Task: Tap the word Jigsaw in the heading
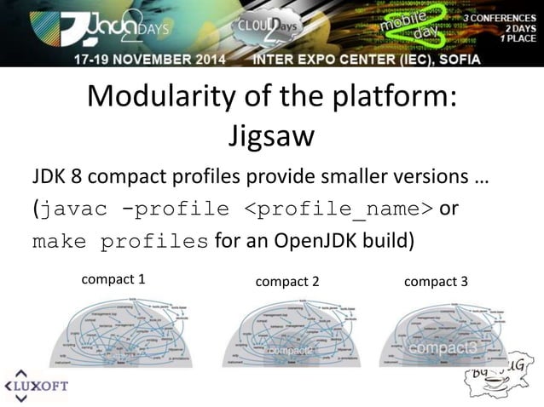pyautogui.click(x=272, y=136)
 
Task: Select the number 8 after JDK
pyautogui.click(x=74, y=179)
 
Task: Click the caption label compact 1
pyautogui.click(x=113, y=278)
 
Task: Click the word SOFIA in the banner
pyautogui.click(x=460, y=60)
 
